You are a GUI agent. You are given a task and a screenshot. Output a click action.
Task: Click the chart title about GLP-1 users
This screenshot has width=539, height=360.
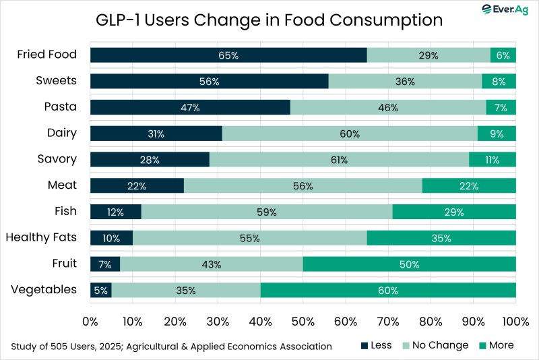coord(269,20)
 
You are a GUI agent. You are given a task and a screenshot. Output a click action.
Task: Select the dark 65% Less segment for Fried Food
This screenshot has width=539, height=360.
coord(228,55)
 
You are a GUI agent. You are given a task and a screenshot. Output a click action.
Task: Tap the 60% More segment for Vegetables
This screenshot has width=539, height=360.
coord(388,291)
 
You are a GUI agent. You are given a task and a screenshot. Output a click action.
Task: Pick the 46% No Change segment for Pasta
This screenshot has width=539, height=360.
coord(388,107)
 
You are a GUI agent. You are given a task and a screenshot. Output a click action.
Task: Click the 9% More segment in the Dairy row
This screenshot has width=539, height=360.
coord(497,133)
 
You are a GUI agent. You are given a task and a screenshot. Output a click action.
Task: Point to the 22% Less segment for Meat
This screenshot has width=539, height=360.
coord(137,185)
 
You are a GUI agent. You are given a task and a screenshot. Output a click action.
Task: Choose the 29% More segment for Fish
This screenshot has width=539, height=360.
coord(454,212)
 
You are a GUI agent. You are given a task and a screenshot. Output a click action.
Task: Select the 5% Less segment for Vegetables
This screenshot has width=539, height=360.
coord(100,291)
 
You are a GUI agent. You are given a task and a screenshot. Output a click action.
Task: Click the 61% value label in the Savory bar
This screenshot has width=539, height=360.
coord(339,160)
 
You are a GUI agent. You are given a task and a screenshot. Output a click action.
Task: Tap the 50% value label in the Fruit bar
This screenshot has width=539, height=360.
coord(409,264)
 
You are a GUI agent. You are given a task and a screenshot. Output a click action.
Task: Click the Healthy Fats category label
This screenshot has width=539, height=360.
coord(41,237)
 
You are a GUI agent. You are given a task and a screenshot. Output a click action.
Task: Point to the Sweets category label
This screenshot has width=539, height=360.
coord(56,81)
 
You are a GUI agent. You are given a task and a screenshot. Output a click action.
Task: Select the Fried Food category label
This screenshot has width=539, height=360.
coord(47,55)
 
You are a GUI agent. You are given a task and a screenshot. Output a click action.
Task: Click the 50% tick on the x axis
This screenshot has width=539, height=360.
coord(303,320)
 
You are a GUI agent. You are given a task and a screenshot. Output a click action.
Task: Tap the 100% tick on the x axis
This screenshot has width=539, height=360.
coord(515,320)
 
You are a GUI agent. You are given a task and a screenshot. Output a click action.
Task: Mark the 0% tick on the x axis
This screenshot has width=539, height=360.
coord(90,320)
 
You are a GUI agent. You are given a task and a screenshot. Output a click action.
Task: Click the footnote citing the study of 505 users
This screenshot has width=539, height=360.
coord(171,347)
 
